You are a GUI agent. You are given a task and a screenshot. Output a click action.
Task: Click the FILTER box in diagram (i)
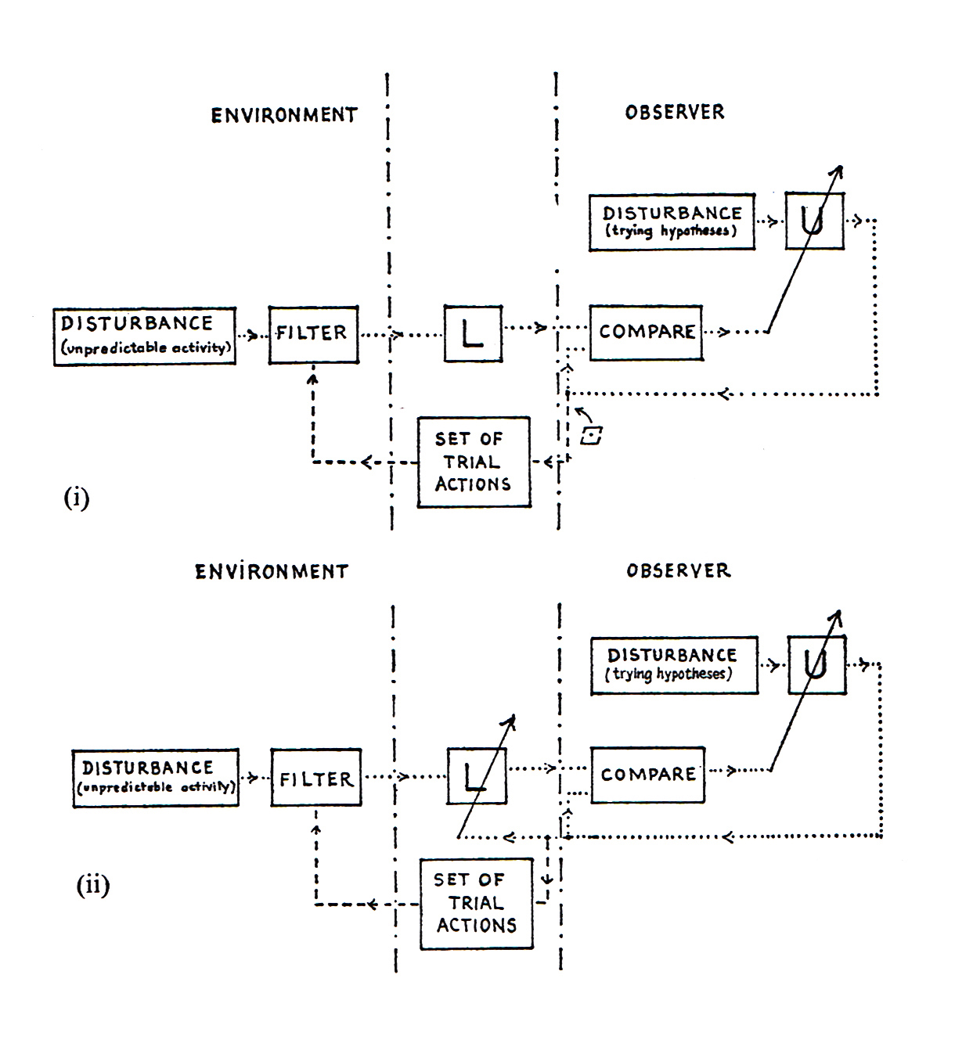click(313, 334)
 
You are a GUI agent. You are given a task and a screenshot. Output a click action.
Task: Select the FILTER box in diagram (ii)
click(316, 777)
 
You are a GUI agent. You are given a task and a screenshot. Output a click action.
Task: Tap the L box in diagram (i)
click(473, 333)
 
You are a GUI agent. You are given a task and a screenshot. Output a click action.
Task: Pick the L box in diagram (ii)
click(476, 775)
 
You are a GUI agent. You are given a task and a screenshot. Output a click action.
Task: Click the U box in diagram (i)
click(814, 221)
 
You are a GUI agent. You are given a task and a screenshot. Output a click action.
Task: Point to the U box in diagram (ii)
click(816, 665)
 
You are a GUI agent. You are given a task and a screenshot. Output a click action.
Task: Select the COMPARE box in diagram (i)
click(646, 333)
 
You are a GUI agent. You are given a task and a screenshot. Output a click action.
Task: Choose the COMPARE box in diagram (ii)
click(647, 775)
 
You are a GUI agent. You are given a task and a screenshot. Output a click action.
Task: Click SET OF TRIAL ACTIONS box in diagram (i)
click(474, 462)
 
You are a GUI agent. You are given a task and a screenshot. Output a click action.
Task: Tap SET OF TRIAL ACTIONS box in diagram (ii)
click(476, 903)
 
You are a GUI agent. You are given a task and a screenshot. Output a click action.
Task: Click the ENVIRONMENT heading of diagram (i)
click(284, 115)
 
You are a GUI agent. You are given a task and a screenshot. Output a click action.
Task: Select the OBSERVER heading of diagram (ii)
click(678, 570)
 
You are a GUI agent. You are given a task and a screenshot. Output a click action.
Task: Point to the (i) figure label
click(76, 498)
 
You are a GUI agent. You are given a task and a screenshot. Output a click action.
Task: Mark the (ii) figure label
click(92, 886)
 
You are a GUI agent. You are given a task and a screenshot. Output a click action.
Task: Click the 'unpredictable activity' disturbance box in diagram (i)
click(145, 336)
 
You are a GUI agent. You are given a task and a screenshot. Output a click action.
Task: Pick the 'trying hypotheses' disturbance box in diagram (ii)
click(673, 664)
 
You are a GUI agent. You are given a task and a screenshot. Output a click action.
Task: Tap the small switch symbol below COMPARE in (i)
click(591, 436)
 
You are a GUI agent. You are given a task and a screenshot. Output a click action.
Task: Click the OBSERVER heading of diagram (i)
click(675, 113)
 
